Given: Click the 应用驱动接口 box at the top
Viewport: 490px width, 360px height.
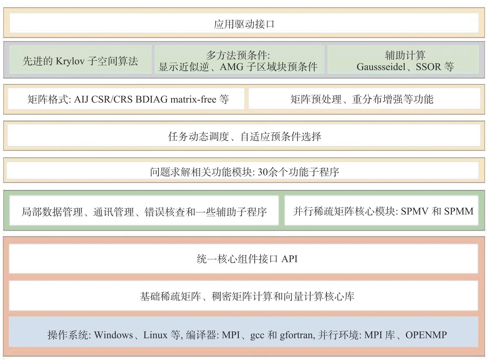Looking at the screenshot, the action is [244, 23].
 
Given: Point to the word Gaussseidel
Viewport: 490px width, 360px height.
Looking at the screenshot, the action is [381, 67].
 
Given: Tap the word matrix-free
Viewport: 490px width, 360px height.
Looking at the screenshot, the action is [193, 99].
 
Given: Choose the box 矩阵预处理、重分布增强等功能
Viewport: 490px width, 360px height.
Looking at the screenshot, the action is [364, 99].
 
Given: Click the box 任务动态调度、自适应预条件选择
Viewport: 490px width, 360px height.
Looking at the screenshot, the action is [244, 136].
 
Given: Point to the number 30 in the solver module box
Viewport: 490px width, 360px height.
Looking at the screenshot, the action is [262, 172].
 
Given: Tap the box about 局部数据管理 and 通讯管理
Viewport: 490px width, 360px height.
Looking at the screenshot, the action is [144, 210].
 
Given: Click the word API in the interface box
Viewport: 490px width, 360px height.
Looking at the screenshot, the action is [289, 259].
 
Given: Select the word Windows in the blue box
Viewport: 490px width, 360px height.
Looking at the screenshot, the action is [114, 335].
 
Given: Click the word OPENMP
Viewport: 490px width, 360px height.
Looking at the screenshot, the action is [426, 335].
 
